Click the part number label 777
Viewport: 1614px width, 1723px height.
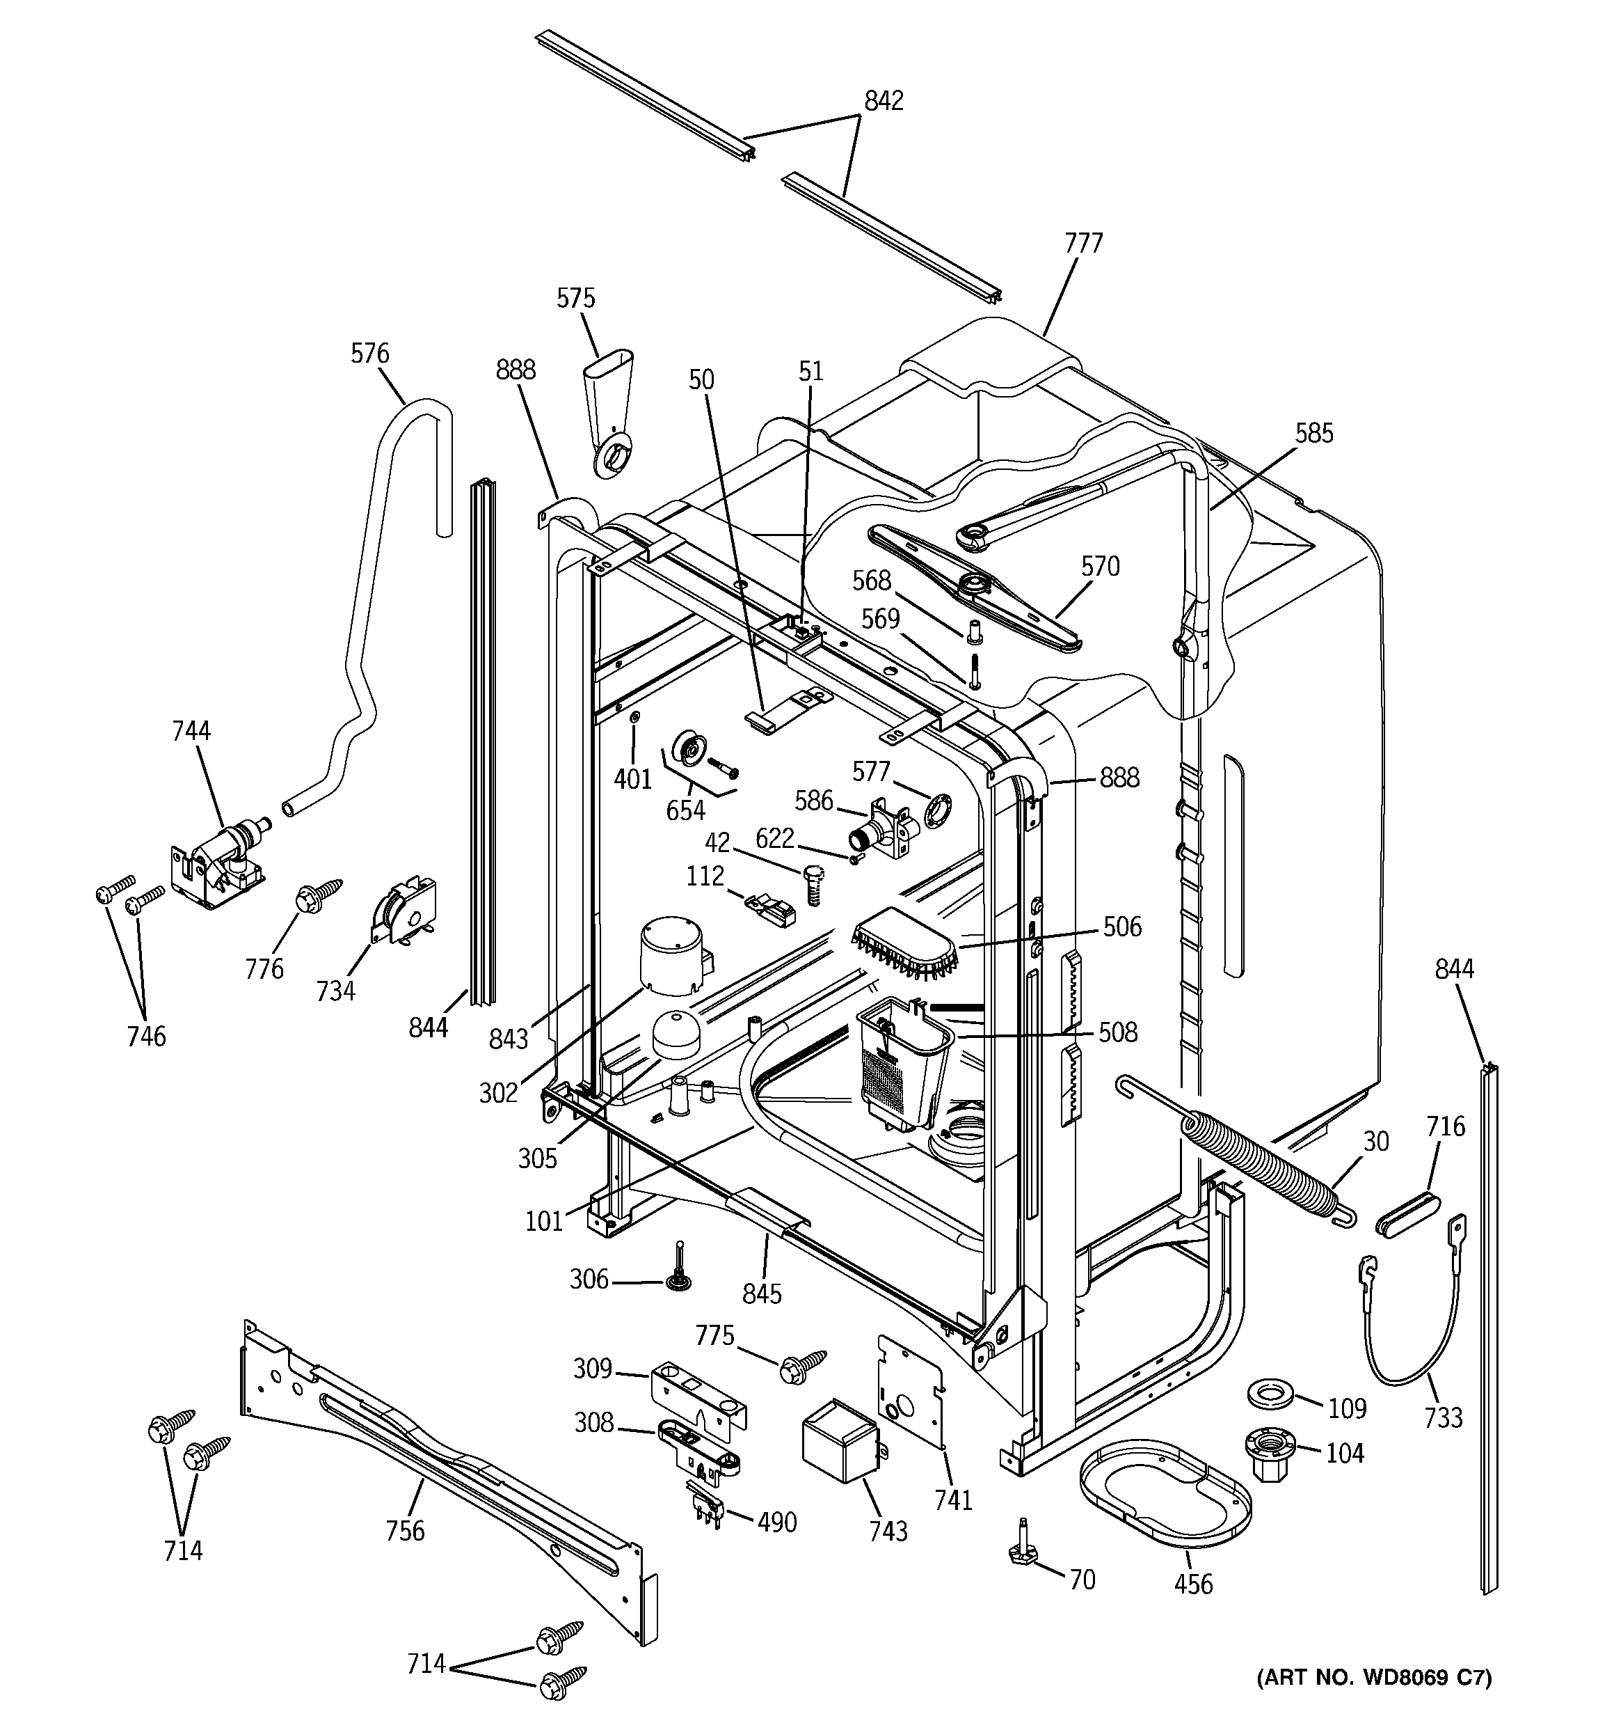point(1083,244)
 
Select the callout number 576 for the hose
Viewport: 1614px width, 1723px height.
point(370,354)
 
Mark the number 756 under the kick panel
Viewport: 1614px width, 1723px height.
point(406,1531)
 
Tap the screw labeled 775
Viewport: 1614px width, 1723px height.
point(801,1365)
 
